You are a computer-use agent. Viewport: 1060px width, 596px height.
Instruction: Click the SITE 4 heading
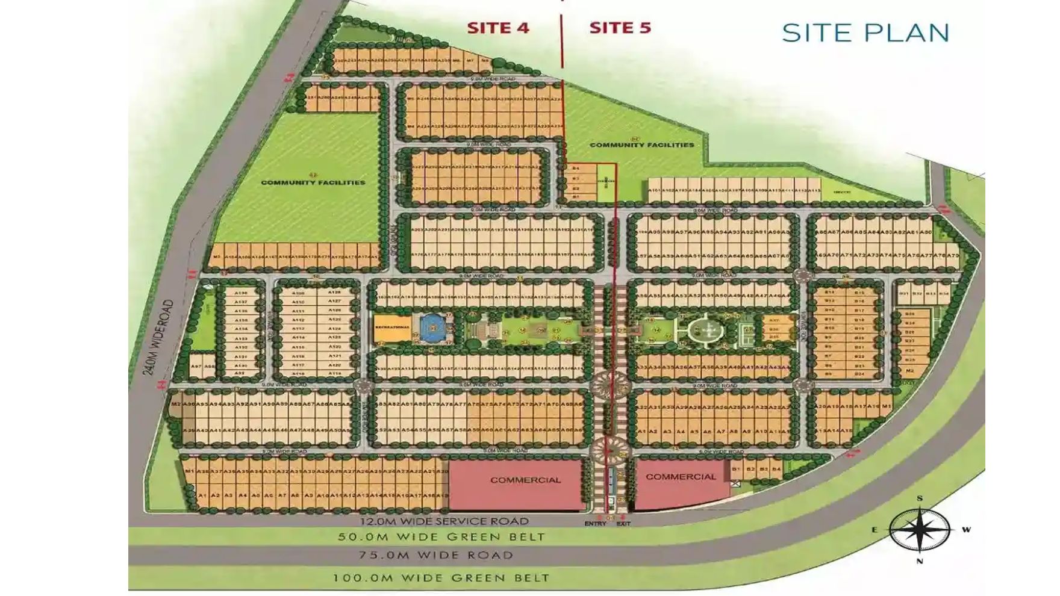pos(498,28)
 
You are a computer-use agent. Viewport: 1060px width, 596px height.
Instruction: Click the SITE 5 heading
pos(620,28)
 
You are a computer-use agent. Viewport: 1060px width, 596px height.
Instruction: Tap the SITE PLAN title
pos(865,33)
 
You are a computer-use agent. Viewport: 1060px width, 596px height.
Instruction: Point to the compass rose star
pos(919,530)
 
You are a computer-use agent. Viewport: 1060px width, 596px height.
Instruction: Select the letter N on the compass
pos(920,562)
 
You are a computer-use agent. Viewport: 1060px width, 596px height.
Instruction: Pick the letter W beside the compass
pos(966,530)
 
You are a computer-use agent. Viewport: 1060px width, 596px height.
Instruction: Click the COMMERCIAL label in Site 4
pos(525,480)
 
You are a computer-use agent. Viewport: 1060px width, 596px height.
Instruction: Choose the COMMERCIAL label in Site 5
pos(681,477)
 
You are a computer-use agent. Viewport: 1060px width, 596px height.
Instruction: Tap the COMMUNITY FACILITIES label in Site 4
pos(313,182)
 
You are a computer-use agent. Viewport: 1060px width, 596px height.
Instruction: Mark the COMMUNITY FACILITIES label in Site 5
pos(641,144)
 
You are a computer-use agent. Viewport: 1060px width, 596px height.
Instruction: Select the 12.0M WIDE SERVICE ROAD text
pos(444,521)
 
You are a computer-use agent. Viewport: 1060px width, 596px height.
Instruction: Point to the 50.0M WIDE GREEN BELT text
pos(441,537)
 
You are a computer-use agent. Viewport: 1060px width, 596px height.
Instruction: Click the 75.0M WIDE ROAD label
pos(436,555)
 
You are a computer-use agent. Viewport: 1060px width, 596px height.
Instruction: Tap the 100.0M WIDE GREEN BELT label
pos(441,578)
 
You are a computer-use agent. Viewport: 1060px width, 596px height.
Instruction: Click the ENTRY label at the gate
pos(595,524)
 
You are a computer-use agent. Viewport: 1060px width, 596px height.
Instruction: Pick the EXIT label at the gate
pos(623,524)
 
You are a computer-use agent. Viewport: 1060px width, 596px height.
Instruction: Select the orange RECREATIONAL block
pos(392,328)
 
